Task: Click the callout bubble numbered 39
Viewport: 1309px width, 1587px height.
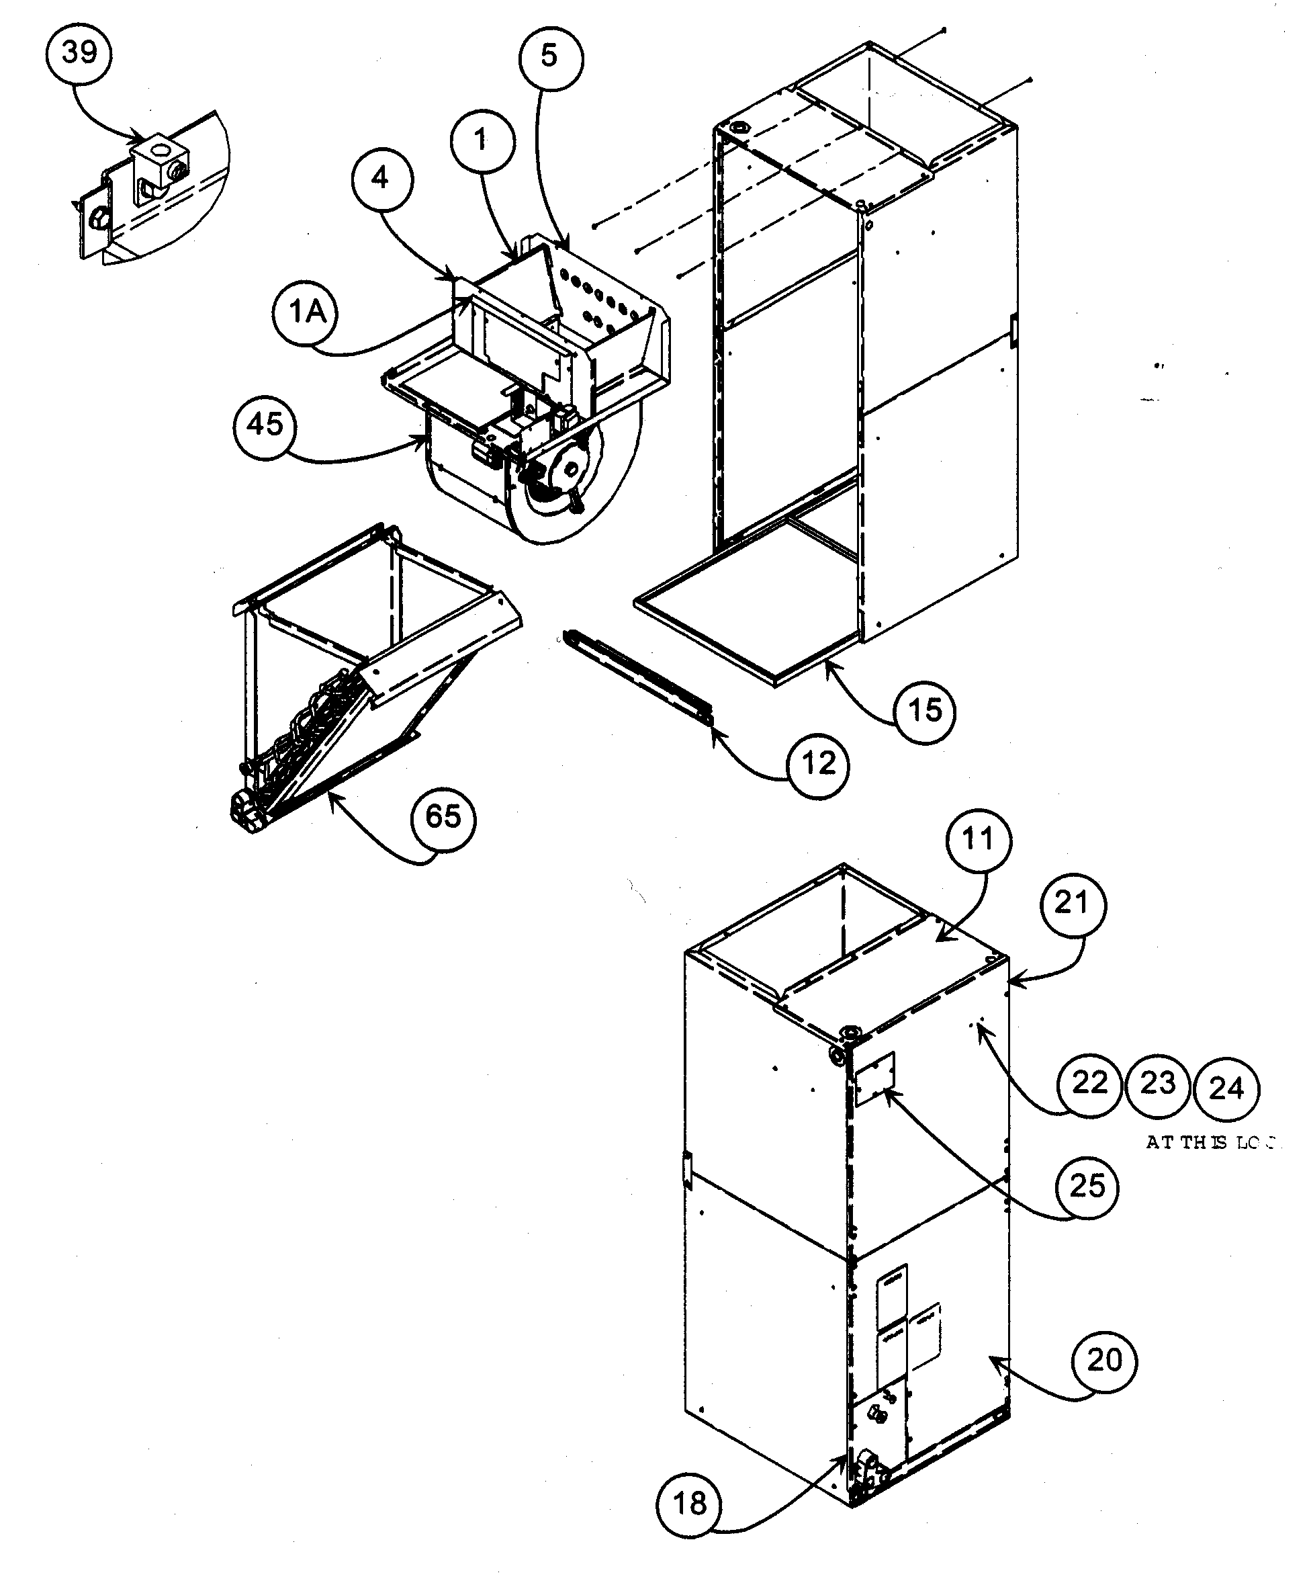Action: pyautogui.click(x=79, y=53)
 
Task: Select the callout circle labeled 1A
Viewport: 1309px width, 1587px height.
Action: pyautogui.click(x=305, y=312)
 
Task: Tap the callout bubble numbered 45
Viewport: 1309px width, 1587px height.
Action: pyautogui.click(x=265, y=425)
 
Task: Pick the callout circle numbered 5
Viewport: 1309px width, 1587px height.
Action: pyautogui.click(x=551, y=56)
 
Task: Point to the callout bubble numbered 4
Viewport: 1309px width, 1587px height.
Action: pyautogui.click(x=381, y=179)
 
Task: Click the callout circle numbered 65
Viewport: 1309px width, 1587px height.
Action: pyautogui.click(x=443, y=817)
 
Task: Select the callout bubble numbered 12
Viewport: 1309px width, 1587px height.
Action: pyautogui.click(x=817, y=764)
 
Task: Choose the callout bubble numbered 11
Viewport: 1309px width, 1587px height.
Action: pyautogui.click(x=978, y=839)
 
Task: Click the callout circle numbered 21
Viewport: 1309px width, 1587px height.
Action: pyautogui.click(x=1072, y=904)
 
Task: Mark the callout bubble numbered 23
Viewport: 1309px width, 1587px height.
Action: pyautogui.click(x=1157, y=1084)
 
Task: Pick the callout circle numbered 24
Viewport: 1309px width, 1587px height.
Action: pyautogui.click(x=1227, y=1088)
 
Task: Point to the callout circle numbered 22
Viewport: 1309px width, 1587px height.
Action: pyautogui.click(x=1089, y=1083)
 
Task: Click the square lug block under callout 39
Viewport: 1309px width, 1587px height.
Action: pyautogui.click(x=161, y=162)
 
